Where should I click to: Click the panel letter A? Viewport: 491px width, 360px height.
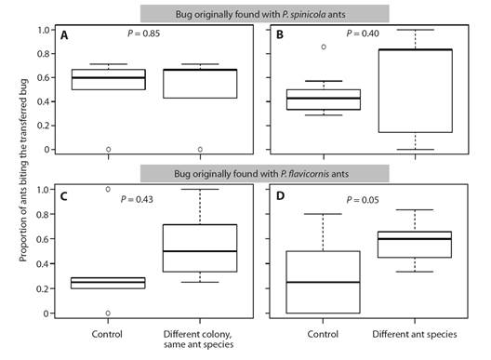[x=64, y=37]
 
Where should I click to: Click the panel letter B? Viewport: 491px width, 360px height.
[x=277, y=37]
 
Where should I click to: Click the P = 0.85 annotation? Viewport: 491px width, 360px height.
[x=145, y=34]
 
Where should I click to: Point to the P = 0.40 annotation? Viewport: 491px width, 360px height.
[x=363, y=34]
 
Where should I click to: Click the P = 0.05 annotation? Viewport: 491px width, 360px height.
[x=363, y=199]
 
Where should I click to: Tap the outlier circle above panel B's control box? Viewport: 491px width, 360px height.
[x=324, y=47]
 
